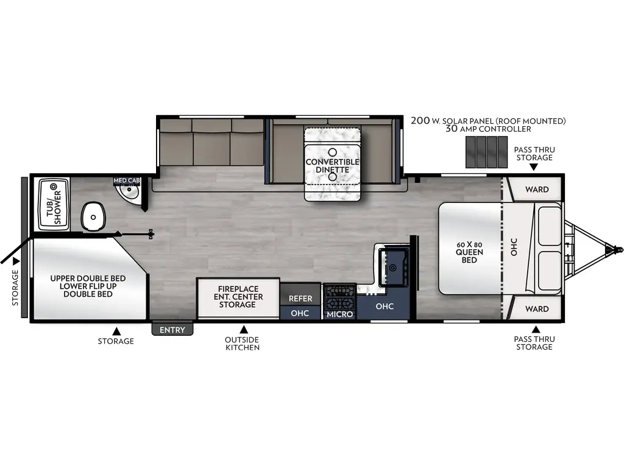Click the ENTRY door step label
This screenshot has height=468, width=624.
click(172, 330)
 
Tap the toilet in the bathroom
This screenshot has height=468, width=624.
click(93, 216)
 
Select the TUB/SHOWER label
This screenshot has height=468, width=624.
click(54, 205)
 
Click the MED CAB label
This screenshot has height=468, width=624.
click(126, 181)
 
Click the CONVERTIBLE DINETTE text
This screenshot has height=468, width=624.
click(332, 166)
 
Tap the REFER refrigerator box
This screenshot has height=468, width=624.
click(300, 299)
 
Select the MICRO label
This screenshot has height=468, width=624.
click(339, 314)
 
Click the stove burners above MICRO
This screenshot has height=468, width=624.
click(339, 297)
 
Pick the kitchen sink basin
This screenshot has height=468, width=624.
click(395, 266)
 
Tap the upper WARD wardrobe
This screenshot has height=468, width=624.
click(536, 190)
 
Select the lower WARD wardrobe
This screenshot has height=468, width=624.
click(536, 309)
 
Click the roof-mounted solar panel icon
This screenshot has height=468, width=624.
click(486, 152)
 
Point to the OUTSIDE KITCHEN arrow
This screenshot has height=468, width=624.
click(243, 328)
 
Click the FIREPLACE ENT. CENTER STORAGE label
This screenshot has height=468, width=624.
click(238, 297)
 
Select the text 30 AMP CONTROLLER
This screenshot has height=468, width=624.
click(487, 129)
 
